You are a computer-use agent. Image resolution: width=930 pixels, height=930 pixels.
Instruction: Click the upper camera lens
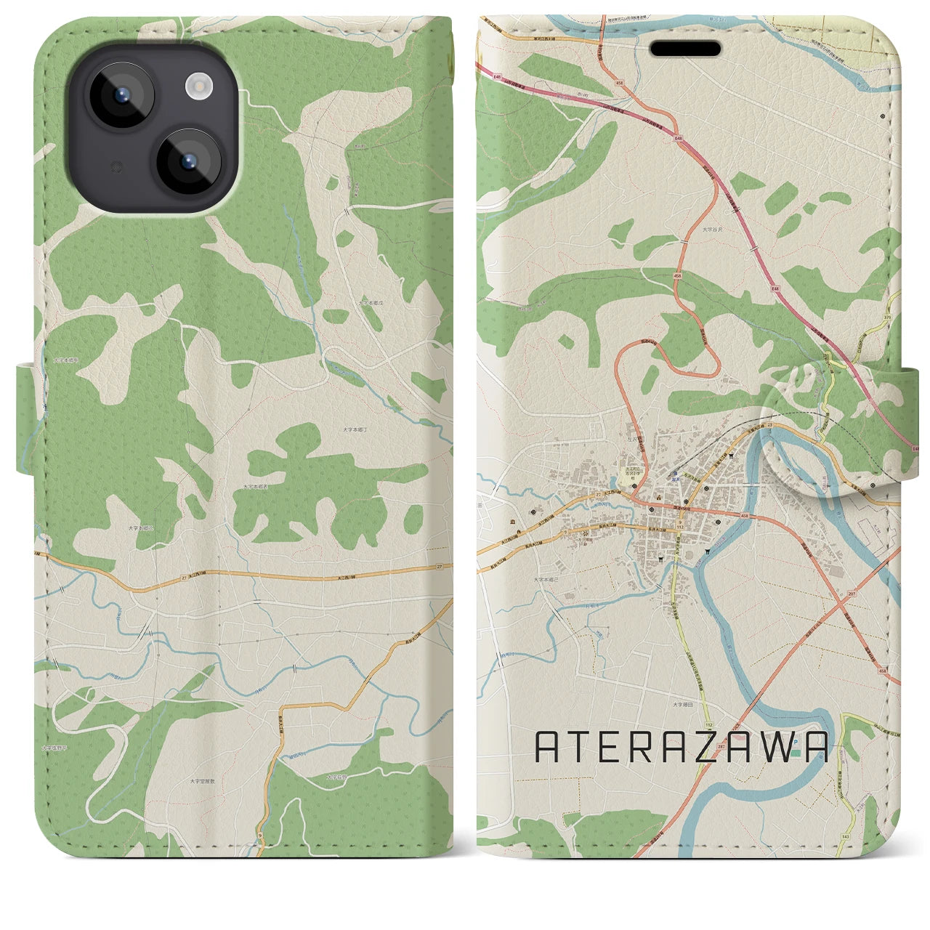[121, 96]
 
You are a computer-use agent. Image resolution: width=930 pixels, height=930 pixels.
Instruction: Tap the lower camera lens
[187, 161]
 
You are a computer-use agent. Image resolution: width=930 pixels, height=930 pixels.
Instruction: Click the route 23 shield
[769, 426]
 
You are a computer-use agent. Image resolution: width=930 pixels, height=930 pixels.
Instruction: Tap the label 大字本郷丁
[357, 430]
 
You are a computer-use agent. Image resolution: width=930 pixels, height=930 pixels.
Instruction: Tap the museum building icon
[514, 523]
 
